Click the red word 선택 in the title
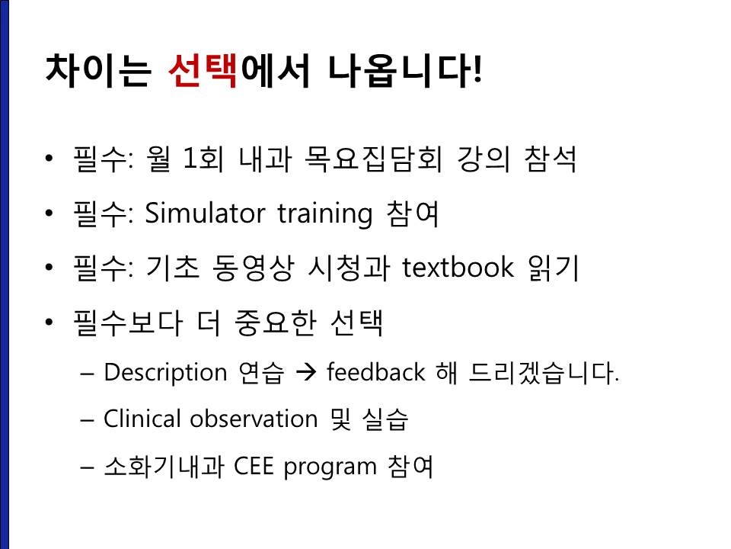(x=203, y=70)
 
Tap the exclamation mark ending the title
(x=477, y=70)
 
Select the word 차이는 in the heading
(x=99, y=70)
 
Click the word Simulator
(x=205, y=213)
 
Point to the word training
(x=325, y=215)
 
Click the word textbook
(x=458, y=268)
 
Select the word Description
(x=165, y=373)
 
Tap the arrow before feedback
(x=306, y=373)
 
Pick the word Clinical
(x=142, y=419)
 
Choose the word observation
(x=254, y=419)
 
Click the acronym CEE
(x=254, y=466)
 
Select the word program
(x=330, y=467)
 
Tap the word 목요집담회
(x=372, y=159)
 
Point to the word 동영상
(x=253, y=268)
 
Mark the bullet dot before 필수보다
(x=49, y=322)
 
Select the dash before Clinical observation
(x=87, y=419)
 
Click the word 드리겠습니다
(x=544, y=373)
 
